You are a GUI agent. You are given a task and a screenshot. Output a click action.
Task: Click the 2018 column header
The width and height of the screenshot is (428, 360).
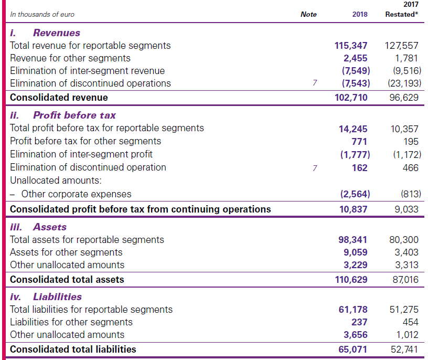pyautogui.click(x=359, y=14)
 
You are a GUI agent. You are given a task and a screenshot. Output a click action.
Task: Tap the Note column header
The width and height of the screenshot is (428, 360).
pyautogui.click(x=308, y=14)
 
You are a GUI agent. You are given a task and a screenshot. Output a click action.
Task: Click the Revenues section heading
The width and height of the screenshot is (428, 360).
pyautogui.click(x=57, y=33)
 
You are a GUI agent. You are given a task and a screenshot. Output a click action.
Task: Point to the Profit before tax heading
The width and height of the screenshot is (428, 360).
pyautogui.click(x=74, y=115)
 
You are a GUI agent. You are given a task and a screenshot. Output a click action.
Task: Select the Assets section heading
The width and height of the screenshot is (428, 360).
pyautogui.click(x=50, y=227)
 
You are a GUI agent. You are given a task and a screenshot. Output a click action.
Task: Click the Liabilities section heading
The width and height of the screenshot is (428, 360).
pyautogui.click(x=57, y=297)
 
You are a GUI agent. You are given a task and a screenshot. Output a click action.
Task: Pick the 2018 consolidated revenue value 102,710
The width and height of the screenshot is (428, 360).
pyautogui.click(x=351, y=97)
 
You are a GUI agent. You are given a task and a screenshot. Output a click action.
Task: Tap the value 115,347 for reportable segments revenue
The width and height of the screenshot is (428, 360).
pyautogui.click(x=351, y=46)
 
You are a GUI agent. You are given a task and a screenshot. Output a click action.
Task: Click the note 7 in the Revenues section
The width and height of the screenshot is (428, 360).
pyautogui.click(x=315, y=83)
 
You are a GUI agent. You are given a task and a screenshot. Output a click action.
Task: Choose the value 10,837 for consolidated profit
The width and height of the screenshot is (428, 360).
pyautogui.click(x=353, y=209)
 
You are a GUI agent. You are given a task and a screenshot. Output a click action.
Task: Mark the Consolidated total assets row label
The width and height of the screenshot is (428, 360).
pyautogui.click(x=67, y=279)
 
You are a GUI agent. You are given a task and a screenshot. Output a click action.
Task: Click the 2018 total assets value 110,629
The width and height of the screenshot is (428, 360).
pyautogui.click(x=351, y=279)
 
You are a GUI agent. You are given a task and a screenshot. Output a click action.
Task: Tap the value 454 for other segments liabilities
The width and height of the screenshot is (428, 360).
pyautogui.click(x=410, y=322)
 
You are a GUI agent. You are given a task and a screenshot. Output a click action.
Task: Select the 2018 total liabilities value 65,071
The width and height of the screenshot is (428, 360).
pyautogui.click(x=353, y=349)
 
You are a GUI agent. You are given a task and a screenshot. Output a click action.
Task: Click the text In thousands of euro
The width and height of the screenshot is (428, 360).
pyautogui.click(x=42, y=15)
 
